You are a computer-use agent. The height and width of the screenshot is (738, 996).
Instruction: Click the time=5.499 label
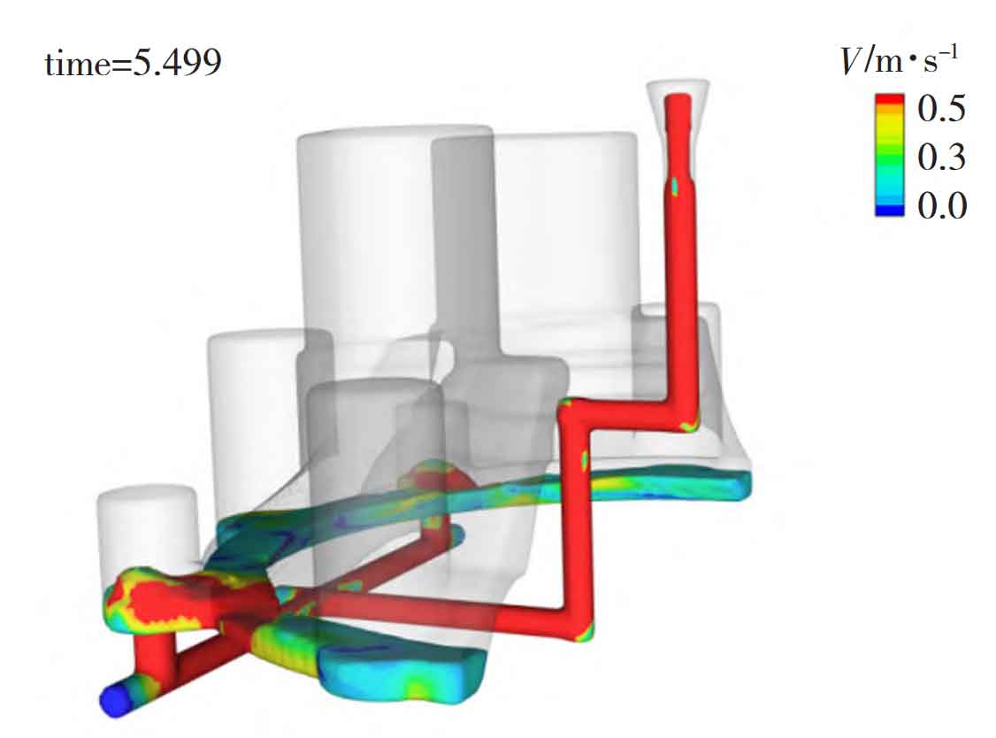(133, 64)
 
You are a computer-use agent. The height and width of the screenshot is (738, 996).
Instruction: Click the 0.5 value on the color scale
(941, 108)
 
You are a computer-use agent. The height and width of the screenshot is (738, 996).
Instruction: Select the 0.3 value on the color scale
(941, 157)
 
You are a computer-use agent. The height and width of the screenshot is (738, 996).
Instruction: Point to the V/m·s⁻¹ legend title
(900, 60)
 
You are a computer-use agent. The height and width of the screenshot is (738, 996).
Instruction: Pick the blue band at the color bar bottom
(889, 211)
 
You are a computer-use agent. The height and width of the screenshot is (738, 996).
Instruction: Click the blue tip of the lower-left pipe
(115, 701)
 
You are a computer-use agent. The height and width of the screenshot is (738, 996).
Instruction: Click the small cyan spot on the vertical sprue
(675, 186)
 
